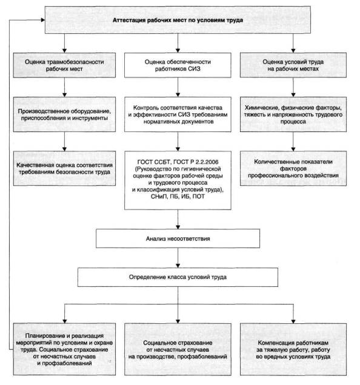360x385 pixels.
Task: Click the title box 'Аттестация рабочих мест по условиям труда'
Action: point(178,20)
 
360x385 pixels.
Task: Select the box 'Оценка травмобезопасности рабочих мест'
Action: point(64,65)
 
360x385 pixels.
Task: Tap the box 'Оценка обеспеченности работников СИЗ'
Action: point(178,65)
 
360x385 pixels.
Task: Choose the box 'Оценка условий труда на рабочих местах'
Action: point(293,65)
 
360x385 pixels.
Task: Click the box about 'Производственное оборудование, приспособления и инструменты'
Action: point(64,114)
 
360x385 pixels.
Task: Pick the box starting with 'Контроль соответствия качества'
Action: point(178,114)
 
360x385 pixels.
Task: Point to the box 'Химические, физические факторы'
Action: point(293,114)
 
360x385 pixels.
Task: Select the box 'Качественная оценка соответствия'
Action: point(64,168)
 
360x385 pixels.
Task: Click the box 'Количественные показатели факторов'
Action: point(293,168)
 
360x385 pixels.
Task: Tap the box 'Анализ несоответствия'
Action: point(178,239)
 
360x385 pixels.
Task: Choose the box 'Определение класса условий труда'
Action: point(178,277)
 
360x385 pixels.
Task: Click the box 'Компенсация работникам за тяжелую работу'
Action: point(293,349)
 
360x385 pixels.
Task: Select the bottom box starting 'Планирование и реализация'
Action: point(64,349)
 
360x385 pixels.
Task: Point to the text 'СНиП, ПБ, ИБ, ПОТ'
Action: point(178,196)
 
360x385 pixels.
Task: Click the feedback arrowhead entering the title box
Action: point(43,20)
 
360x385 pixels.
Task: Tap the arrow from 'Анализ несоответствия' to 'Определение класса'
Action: point(178,258)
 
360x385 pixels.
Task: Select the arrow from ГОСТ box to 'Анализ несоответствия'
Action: point(178,219)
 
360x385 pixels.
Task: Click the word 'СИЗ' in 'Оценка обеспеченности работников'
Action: point(195,69)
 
